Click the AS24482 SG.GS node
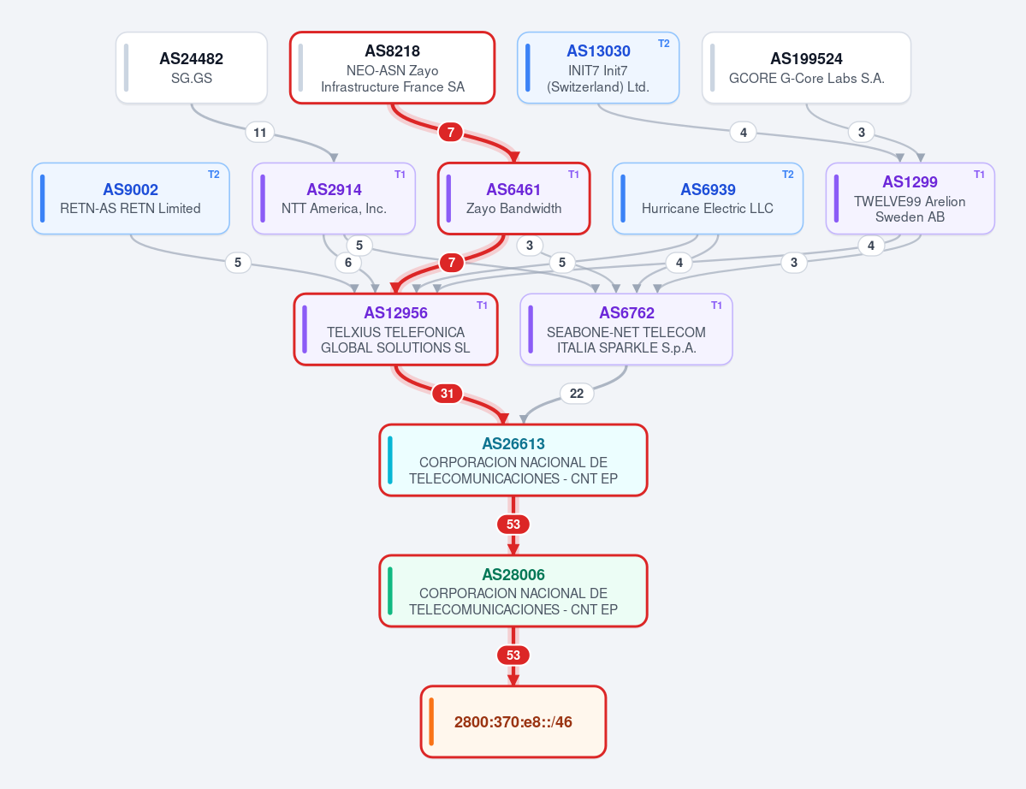point(192,68)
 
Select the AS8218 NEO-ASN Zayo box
point(393,68)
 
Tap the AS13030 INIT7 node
point(598,68)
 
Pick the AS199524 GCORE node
point(806,68)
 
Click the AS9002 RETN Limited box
point(131,199)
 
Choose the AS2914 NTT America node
point(334,199)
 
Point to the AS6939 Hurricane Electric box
point(708,199)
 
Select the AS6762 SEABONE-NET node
point(626,329)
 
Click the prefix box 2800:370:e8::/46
point(513,721)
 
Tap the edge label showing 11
point(260,133)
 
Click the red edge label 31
point(447,393)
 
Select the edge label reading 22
point(577,393)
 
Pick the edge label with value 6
point(348,263)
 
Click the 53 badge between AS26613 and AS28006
point(513,524)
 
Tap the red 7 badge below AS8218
point(451,132)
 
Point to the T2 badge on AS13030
point(663,44)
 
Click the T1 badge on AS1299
point(979,175)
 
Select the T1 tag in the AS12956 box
point(483,306)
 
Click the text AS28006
point(513,574)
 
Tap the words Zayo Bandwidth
point(513,208)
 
